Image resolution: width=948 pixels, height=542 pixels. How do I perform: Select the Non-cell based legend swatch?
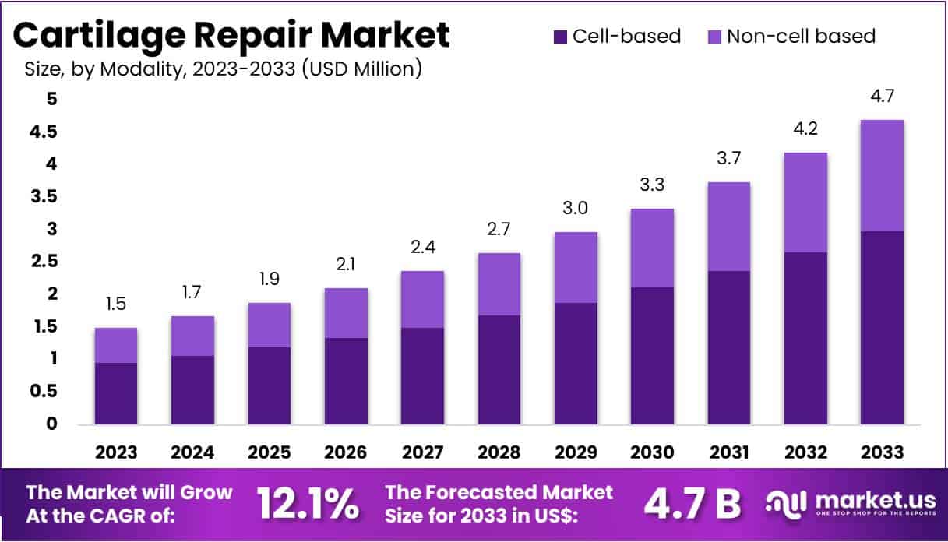coord(714,37)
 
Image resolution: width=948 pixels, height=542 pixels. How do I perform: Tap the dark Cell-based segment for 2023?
coord(116,393)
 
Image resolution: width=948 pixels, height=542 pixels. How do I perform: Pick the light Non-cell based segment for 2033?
coord(882,175)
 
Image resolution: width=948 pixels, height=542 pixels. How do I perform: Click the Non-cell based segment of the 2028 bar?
coord(499,283)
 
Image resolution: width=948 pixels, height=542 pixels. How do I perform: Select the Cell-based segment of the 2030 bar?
coord(652,355)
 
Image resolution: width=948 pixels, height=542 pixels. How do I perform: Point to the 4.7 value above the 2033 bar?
coord(882,99)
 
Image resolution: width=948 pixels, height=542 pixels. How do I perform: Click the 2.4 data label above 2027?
coord(423,248)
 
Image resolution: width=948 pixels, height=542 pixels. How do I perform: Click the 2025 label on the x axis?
coord(270,452)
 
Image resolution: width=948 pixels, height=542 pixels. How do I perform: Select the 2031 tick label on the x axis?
coord(728,452)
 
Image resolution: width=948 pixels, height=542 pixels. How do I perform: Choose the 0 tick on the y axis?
coord(51,424)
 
